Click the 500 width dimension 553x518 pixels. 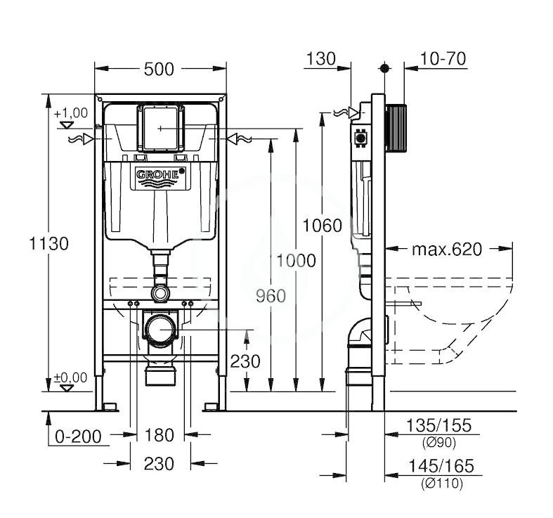coord(159,69)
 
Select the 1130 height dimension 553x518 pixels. coord(48,243)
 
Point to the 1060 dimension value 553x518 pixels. coord(323,226)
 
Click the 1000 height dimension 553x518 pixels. coord(296,261)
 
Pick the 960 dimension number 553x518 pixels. coord(271,296)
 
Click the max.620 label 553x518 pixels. coord(447,250)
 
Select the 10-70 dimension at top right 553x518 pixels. coord(443,59)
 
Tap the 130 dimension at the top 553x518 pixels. coord(321,59)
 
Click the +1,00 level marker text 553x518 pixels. coord(71,113)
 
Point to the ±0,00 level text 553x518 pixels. coord(70,377)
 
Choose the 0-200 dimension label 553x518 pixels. coord(78,436)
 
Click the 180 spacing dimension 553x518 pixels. coord(160,435)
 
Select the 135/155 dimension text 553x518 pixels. coord(438,425)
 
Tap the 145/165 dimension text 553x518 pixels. coord(441,466)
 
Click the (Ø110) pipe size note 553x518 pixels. coord(442,483)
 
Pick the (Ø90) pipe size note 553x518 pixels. coord(439,443)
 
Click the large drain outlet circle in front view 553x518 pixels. coord(161,329)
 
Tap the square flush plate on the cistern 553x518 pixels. coord(160,128)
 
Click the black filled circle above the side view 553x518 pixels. coord(385,68)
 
